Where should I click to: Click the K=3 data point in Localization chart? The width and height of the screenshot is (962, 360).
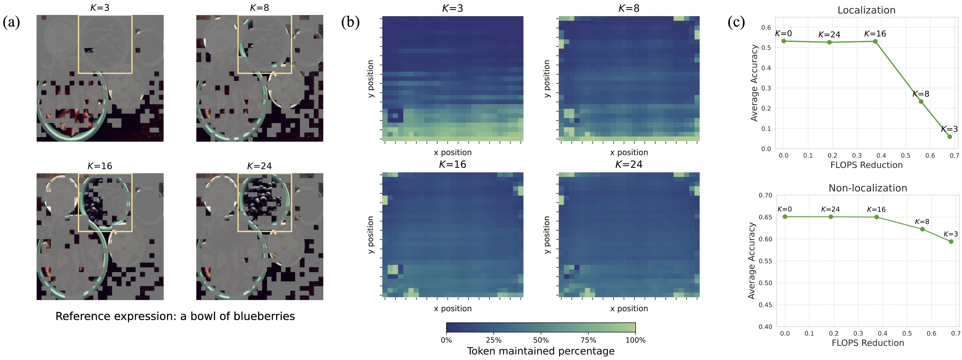[950, 137]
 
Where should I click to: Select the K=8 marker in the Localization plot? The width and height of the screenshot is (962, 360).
[921, 102]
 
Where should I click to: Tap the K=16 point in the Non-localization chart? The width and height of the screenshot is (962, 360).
[876, 217]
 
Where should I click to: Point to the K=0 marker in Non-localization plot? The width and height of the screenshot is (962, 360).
[785, 217]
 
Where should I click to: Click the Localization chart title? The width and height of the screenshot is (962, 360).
[866, 10]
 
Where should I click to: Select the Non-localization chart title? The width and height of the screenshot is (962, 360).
[868, 188]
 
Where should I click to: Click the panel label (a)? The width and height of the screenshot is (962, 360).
[11, 22]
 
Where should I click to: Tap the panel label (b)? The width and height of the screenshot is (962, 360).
[350, 22]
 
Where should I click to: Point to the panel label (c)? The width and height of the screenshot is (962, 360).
[736, 22]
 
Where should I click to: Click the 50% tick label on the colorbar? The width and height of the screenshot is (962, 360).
[541, 340]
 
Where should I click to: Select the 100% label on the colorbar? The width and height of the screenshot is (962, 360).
[635, 340]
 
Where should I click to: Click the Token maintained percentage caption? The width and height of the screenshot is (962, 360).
[541, 351]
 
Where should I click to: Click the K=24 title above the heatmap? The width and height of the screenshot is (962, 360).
[629, 164]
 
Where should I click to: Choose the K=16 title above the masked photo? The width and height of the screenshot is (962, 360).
[100, 166]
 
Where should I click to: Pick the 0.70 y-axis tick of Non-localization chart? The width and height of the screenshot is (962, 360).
[765, 195]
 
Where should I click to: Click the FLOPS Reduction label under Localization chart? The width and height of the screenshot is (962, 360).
[866, 165]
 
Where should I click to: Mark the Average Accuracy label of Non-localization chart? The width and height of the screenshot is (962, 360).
[752, 261]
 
